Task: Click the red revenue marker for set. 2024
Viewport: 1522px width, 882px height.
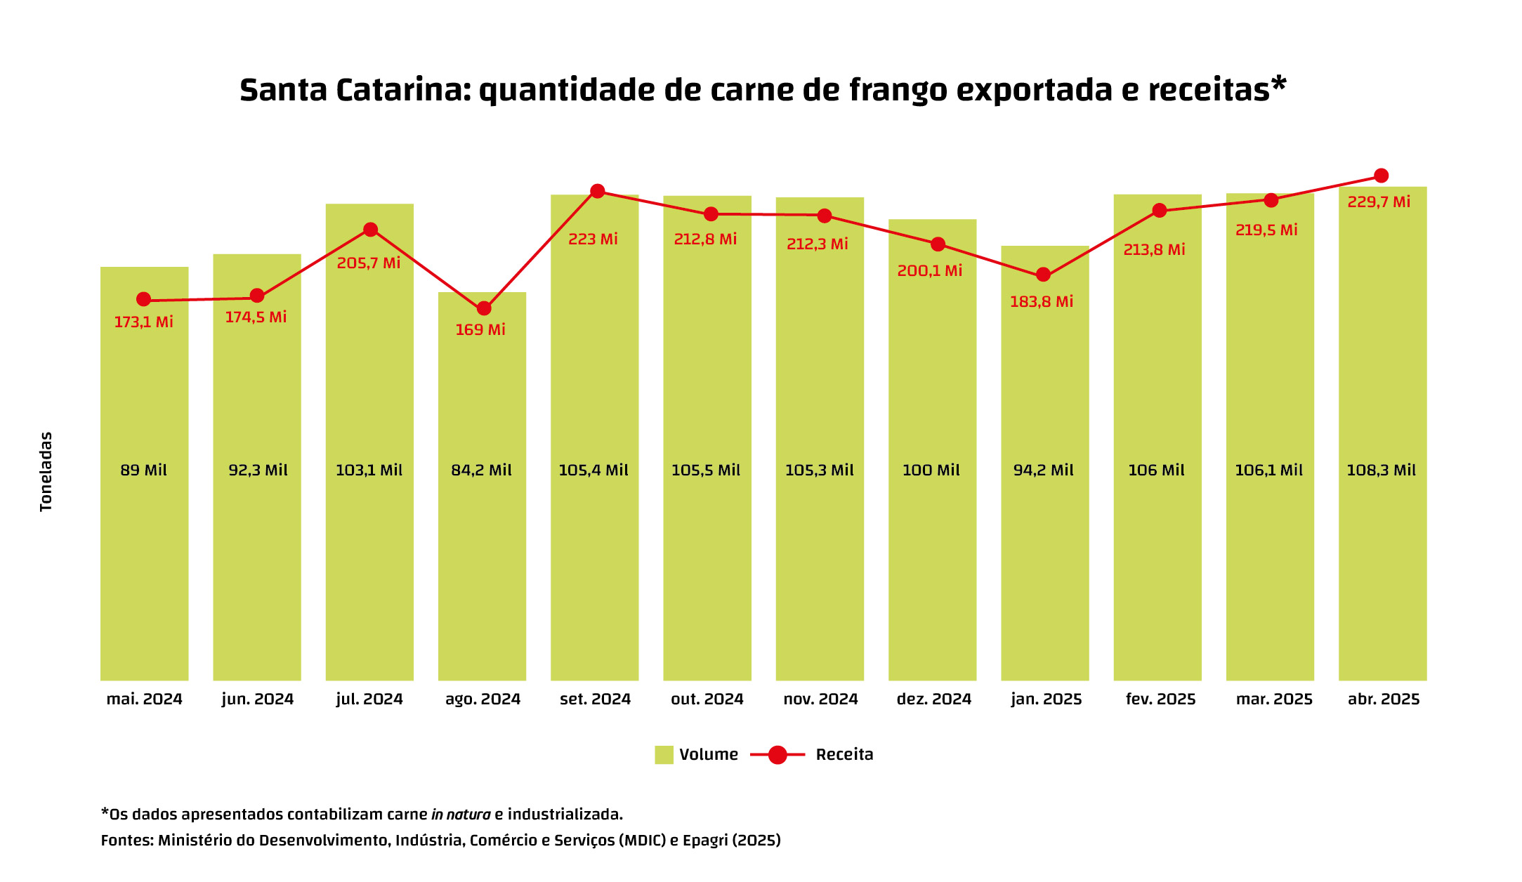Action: (x=597, y=191)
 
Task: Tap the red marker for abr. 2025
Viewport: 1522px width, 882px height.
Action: (x=1381, y=176)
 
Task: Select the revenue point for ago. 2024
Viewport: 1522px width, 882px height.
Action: (x=484, y=308)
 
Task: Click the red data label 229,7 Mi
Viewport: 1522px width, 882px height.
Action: (x=1378, y=202)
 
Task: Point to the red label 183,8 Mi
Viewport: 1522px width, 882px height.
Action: (x=1041, y=302)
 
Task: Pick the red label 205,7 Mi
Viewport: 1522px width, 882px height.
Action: (x=368, y=263)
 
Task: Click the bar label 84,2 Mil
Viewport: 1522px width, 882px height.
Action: (x=481, y=470)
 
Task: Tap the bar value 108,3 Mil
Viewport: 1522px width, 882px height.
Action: (x=1381, y=470)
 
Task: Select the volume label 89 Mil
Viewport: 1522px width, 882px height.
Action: (x=143, y=470)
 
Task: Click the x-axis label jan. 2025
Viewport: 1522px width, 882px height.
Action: (x=1046, y=699)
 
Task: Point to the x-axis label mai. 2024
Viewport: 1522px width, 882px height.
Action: (x=144, y=699)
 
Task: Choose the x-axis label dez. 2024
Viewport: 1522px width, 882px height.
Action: (x=933, y=699)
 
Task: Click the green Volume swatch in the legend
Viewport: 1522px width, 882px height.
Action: (x=664, y=755)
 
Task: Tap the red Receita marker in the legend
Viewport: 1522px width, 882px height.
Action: (x=778, y=755)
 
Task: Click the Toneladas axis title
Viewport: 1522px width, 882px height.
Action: (x=46, y=471)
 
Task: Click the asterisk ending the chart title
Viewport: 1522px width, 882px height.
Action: (x=1279, y=84)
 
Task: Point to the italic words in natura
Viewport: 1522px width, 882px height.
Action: (x=461, y=815)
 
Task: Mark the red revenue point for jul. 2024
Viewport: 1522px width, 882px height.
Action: (x=370, y=230)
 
